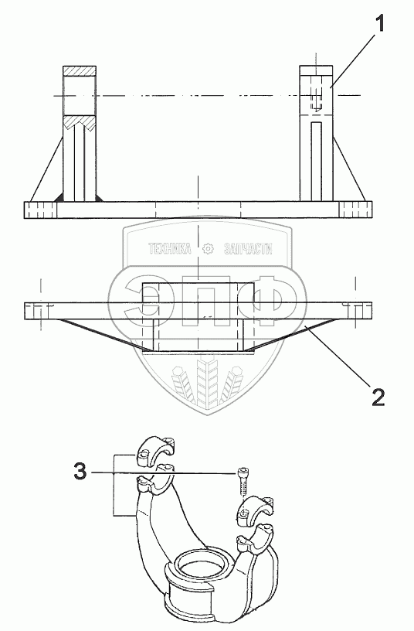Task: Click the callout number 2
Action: [378, 397]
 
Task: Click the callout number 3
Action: [80, 471]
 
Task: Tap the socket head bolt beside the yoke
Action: [242, 482]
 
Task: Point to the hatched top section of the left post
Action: [80, 70]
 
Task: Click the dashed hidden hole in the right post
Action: [317, 99]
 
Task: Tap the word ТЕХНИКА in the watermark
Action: [170, 249]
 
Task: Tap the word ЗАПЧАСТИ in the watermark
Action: [248, 249]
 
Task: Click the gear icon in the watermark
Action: [208, 249]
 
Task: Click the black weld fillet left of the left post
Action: [59, 198]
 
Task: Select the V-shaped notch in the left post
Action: [80, 123]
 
